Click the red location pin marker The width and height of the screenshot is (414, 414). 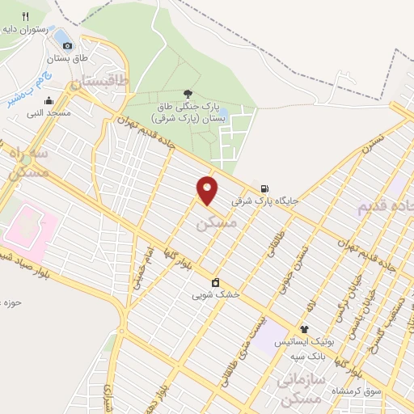point(208,189)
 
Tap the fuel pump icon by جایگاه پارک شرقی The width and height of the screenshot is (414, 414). point(264,188)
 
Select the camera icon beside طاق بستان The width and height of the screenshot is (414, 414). point(67,45)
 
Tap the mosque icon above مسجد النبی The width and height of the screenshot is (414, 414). point(49,101)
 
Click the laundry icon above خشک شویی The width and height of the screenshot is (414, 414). point(216,282)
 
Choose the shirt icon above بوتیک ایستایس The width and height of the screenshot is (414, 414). point(304,329)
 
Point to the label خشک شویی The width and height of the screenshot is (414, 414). point(216,295)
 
